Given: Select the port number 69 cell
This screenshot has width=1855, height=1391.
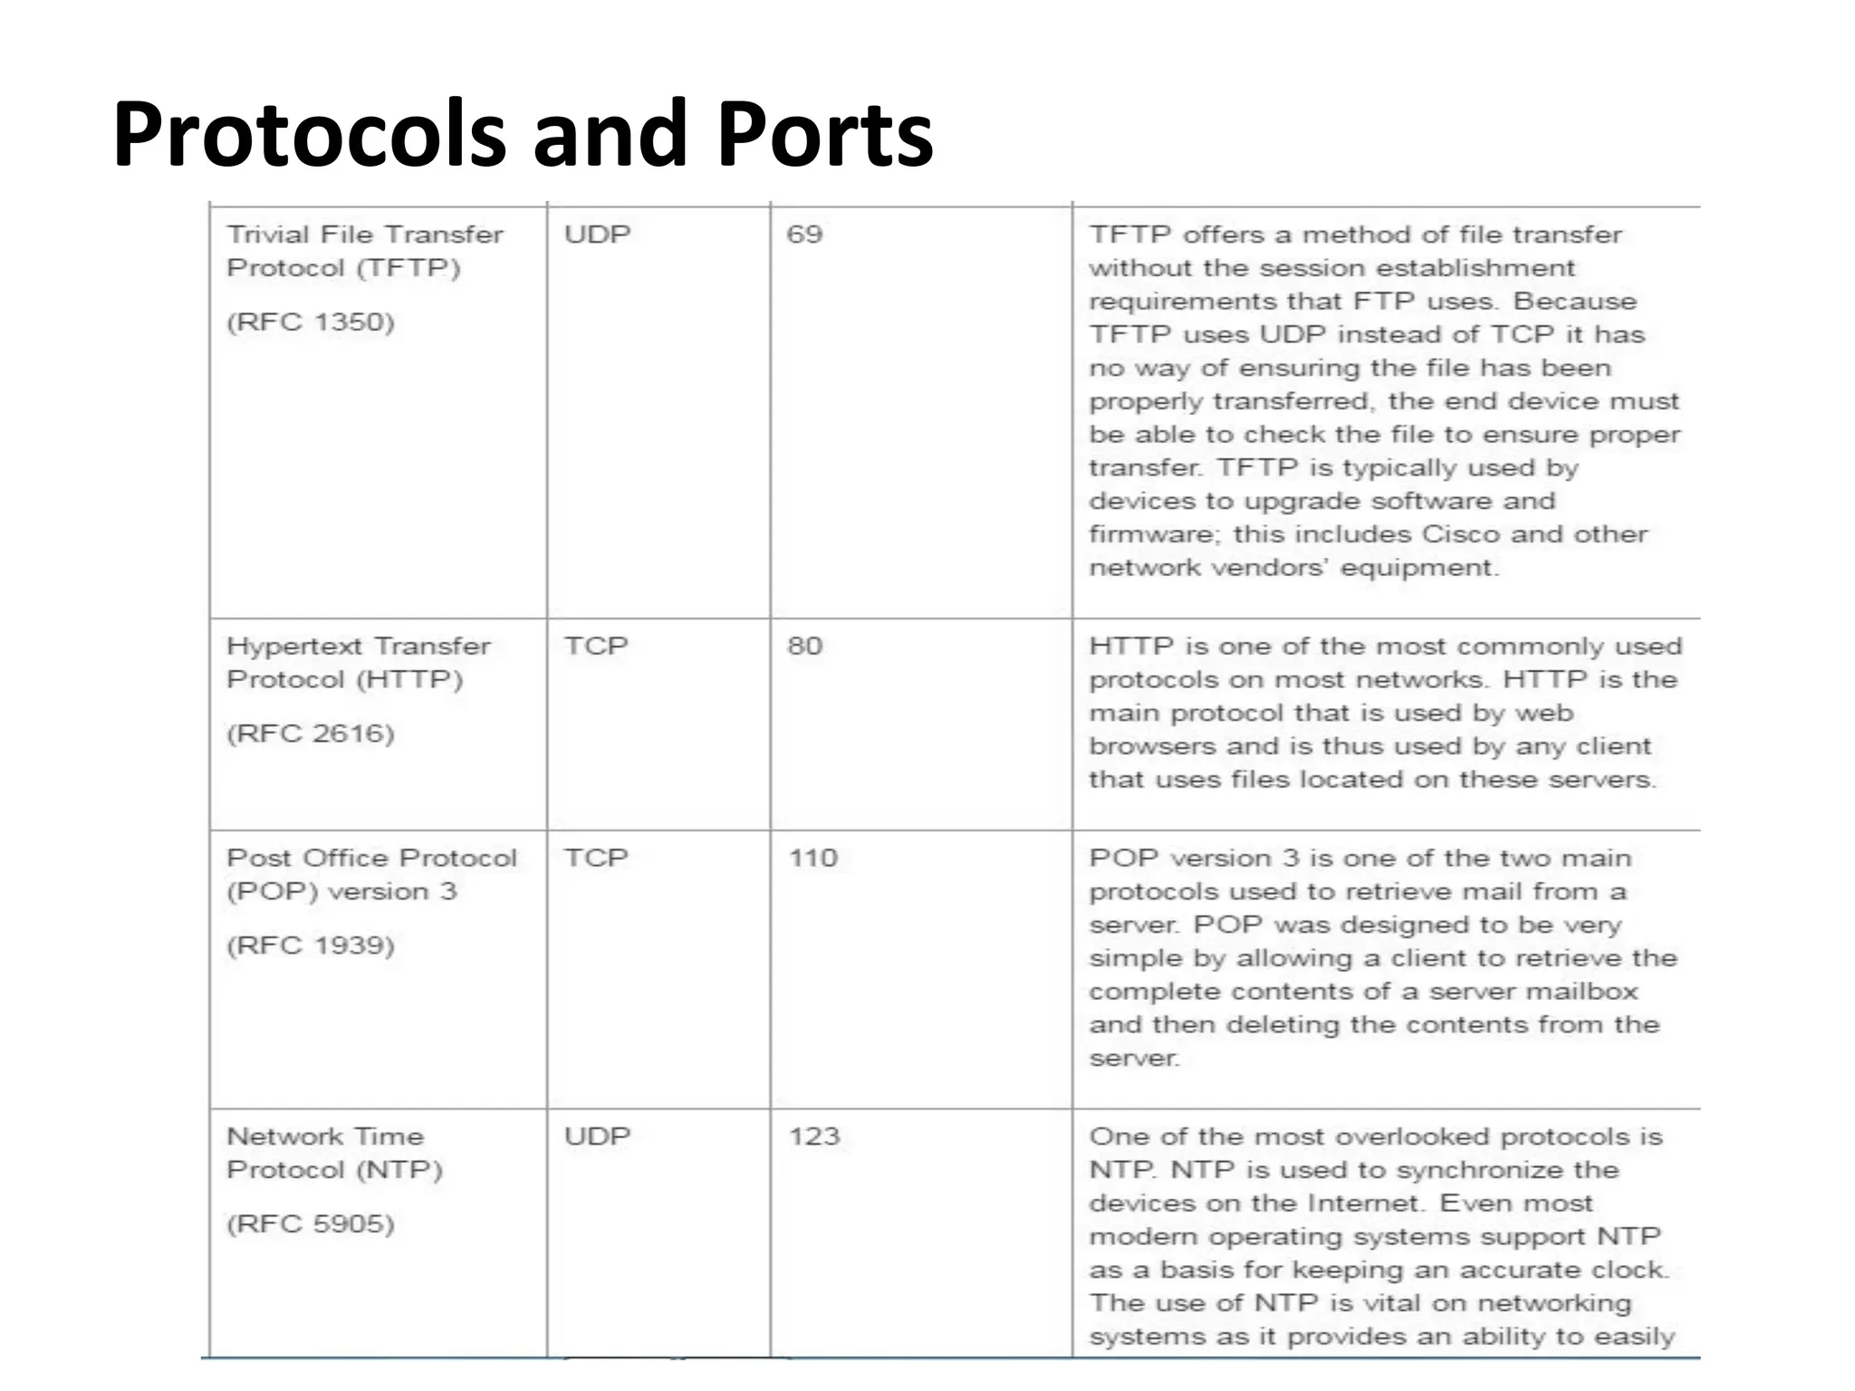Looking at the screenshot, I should tap(804, 235).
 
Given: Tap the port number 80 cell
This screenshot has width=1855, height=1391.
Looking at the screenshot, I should tap(804, 646).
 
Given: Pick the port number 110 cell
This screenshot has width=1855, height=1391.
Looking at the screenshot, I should tap(812, 858).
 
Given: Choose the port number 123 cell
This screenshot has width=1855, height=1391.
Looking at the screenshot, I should tap(813, 1136).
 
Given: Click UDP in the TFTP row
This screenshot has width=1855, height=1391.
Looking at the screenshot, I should tap(597, 235).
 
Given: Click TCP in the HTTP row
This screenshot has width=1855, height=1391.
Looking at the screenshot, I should tap(595, 646).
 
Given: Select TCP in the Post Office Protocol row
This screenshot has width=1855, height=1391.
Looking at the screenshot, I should tap(595, 858).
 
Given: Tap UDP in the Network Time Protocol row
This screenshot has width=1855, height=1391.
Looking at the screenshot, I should tap(597, 1136).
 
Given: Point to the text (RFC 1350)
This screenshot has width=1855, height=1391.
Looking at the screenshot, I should tap(311, 322).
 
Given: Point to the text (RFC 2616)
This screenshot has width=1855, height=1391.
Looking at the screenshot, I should tap(311, 734).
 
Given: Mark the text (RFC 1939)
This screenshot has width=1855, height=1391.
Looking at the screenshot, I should tap(311, 945).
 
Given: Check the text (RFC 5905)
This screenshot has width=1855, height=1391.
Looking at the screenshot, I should tap(311, 1223).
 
